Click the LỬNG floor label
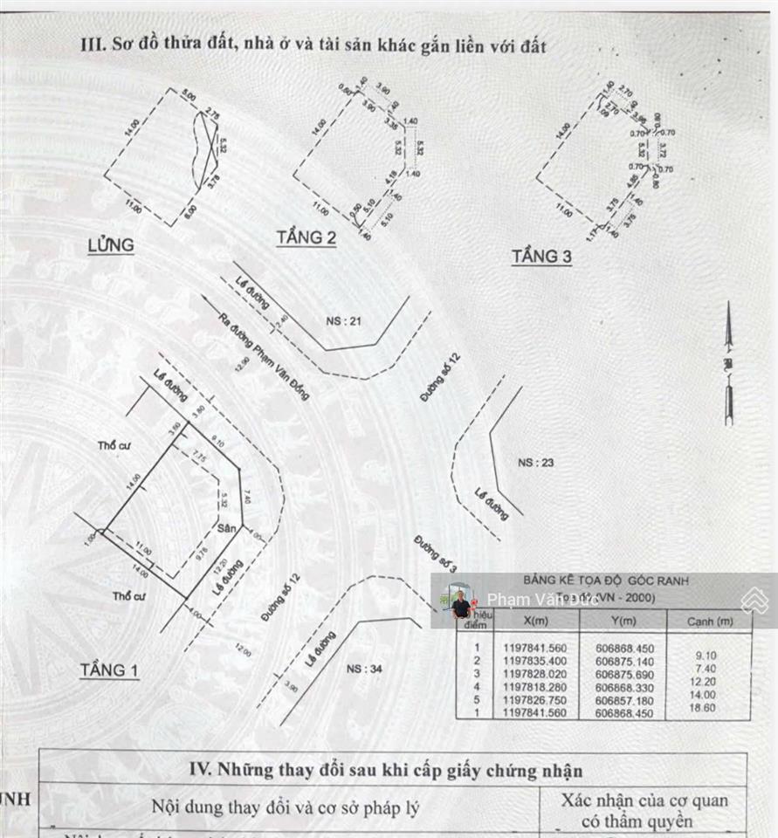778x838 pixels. (x=111, y=245)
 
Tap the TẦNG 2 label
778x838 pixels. (x=306, y=237)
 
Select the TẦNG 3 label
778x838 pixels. (x=541, y=257)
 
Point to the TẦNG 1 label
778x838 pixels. (x=109, y=670)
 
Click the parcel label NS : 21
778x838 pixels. (x=343, y=321)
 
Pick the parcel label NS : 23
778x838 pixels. (x=535, y=463)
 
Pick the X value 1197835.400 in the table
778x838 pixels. (x=535, y=662)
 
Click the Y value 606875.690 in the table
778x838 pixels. (x=622, y=674)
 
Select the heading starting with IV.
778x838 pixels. (x=386, y=771)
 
